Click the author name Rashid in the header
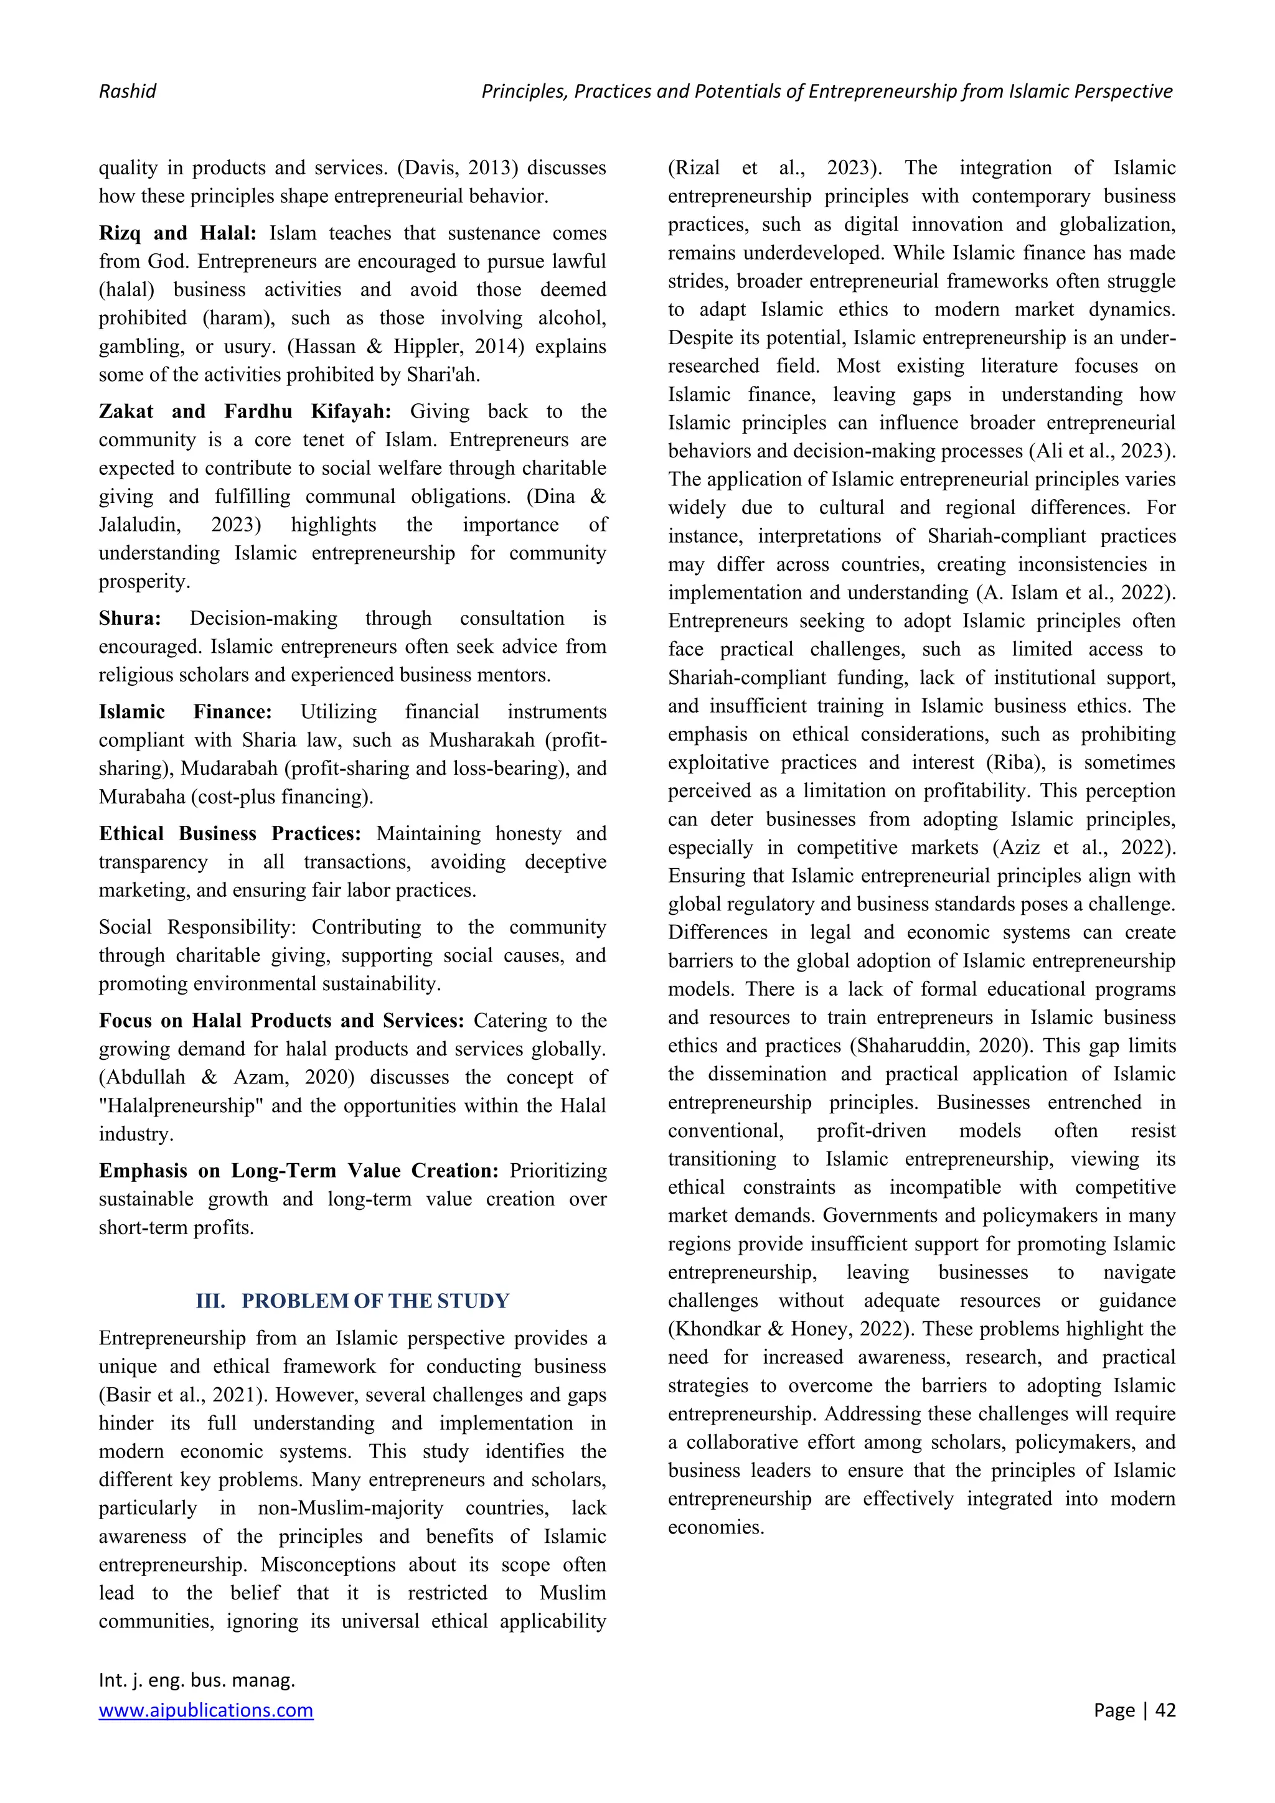pyautogui.click(x=127, y=91)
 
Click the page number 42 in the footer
pyautogui.click(x=1165, y=1710)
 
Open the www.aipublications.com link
pyautogui.click(x=206, y=1710)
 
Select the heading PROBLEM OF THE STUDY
pyautogui.click(x=375, y=1301)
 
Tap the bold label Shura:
pyautogui.click(x=129, y=618)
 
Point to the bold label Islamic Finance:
pyautogui.click(x=186, y=711)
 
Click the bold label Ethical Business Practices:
pyautogui.click(x=229, y=833)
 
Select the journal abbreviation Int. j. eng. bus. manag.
pyautogui.click(x=196, y=1680)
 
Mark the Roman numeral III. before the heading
pyautogui.click(x=210, y=1301)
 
